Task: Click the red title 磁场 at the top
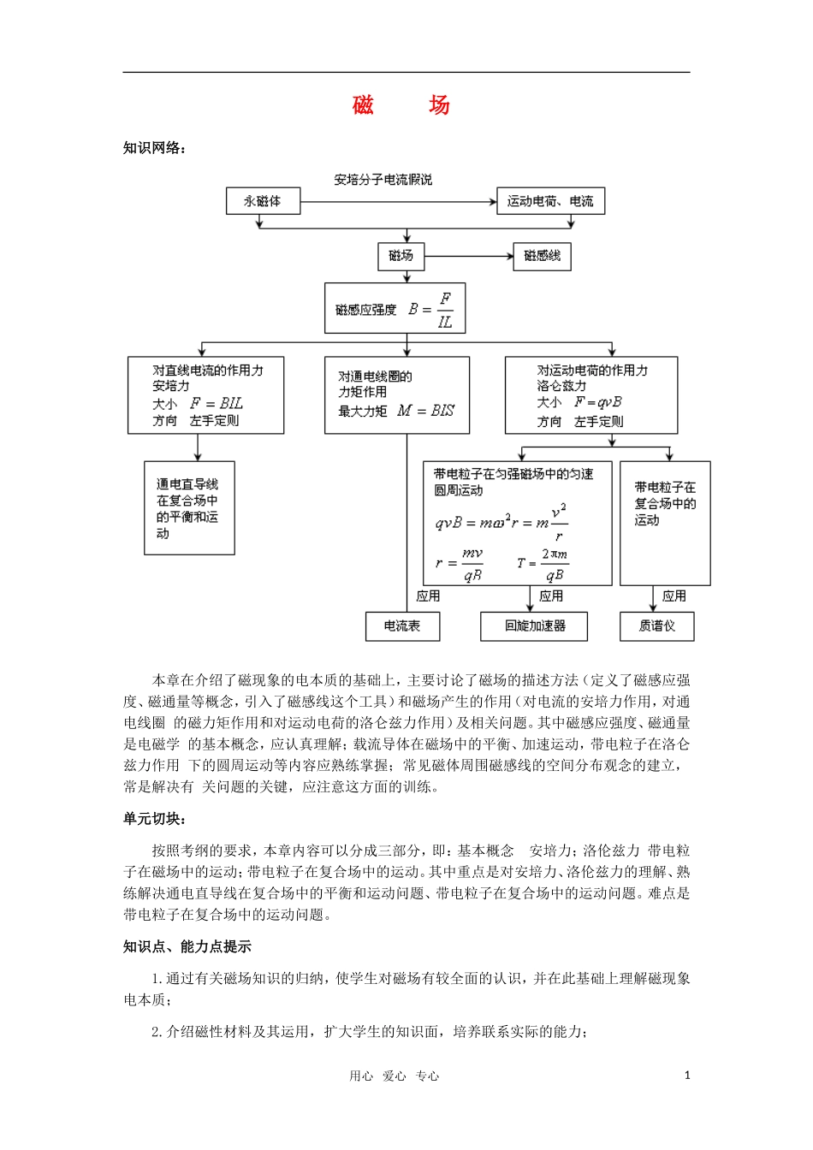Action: [401, 105]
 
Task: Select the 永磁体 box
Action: [264, 201]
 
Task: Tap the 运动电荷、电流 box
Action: [550, 201]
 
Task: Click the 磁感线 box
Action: [542, 256]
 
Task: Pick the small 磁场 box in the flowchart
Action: [401, 256]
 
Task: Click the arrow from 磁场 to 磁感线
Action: [468, 256]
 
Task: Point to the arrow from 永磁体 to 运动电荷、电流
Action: [399, 202]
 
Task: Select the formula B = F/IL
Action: [431, 310]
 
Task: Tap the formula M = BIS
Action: [425, 411]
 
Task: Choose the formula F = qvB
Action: [597, 402]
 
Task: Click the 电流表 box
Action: [402, 625]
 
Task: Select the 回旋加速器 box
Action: [535, 625]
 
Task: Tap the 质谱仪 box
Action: [656, 625]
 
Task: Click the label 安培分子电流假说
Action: [383, 180]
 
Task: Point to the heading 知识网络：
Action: [155, 148]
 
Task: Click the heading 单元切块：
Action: [155, 819]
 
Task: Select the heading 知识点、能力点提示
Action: [187, 946]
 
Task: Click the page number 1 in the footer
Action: [686, 1076]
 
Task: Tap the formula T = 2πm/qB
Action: [543, 564]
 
